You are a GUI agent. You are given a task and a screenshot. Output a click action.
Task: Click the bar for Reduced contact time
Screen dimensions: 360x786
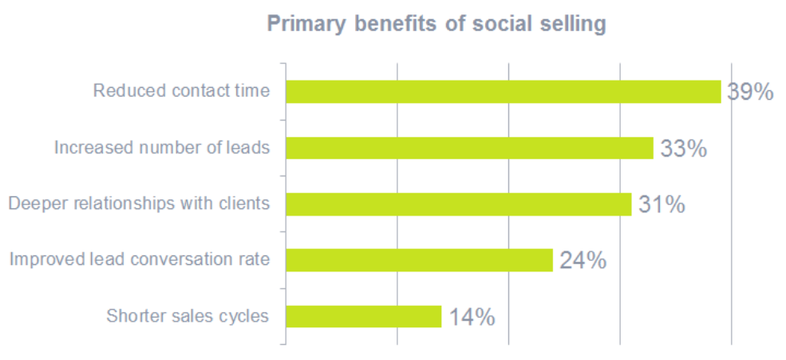(503, 92)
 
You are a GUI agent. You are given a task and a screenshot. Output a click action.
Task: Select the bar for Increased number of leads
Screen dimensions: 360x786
(469, 148)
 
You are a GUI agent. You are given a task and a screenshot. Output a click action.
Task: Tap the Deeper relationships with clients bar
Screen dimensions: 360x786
(458, 204)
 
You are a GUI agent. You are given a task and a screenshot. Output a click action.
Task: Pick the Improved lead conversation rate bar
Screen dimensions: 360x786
(419, 259)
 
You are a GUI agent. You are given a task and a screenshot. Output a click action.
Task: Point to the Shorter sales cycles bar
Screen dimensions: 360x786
(363, 316)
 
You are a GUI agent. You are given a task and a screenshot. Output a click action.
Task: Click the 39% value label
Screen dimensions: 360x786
(750, 93)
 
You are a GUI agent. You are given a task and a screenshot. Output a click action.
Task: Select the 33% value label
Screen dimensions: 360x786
(683, 148)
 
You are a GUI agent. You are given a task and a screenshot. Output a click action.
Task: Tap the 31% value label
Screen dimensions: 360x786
(662, 204)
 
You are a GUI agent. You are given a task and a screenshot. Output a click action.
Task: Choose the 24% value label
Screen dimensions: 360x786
(583, 260)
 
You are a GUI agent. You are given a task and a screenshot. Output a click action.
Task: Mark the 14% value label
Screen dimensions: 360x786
(472, 317)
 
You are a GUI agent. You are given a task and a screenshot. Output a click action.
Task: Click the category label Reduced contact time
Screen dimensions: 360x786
(181, 90)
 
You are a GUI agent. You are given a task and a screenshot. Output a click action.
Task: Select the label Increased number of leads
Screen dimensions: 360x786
(161, 147)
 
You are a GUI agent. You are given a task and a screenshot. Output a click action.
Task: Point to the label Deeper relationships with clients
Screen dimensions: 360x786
(139, 203)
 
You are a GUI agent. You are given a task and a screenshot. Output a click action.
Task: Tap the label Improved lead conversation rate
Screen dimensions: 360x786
(140, 259)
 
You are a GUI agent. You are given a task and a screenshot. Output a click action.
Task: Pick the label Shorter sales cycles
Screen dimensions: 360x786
(188, 315)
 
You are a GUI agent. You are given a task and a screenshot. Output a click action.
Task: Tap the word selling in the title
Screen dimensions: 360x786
(571, 24)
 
